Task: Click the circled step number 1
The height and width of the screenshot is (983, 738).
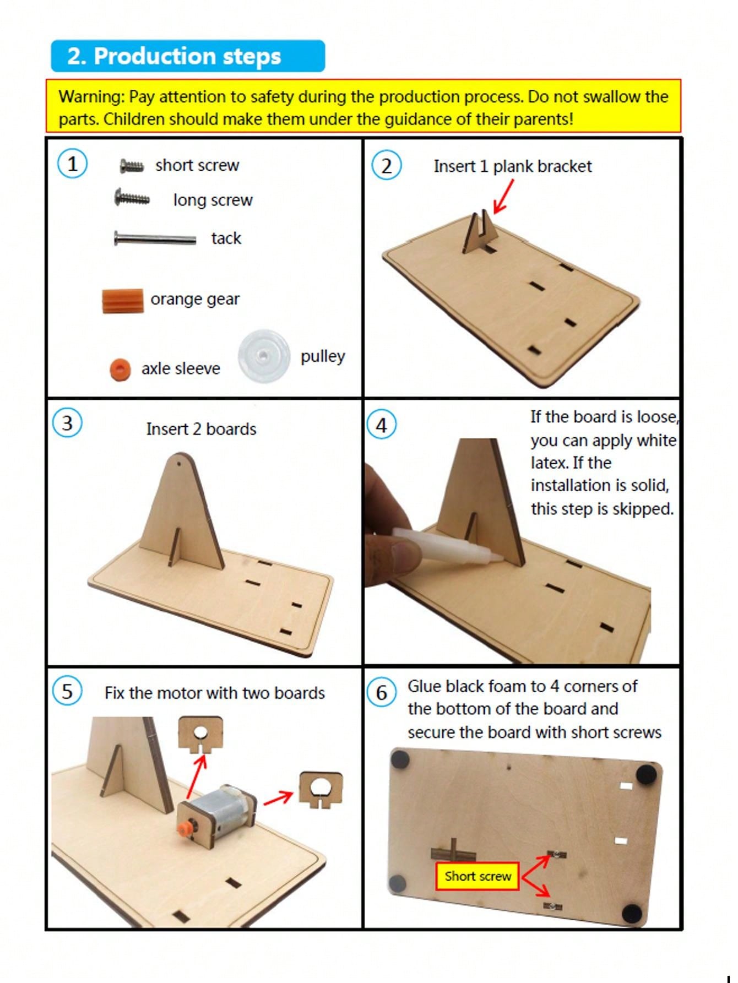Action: coord(72,164)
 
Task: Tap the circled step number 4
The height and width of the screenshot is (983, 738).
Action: coord(382,425)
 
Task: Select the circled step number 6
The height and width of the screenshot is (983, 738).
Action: coord(382,692)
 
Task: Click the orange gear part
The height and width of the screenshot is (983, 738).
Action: coord(123,301)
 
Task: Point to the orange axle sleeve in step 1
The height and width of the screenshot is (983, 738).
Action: coord(120,370)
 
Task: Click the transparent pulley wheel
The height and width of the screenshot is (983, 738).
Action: coord(264,356)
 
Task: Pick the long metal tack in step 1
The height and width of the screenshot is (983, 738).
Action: coord(155,238)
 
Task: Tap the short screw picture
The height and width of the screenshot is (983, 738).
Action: coord(132,165)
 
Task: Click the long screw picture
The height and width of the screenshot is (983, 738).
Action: coord(132,197)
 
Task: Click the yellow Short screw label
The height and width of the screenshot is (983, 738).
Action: coord(477,876)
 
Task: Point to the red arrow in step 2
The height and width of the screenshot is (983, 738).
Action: coord(503,197)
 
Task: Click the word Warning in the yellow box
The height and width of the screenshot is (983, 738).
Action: coord(91,97)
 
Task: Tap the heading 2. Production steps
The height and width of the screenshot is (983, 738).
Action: coord(174,56)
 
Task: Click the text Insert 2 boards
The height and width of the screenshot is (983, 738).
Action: coord(201,429)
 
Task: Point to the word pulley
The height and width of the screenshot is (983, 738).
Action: coord(323,357)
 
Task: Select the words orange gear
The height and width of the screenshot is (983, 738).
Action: coord(195,299)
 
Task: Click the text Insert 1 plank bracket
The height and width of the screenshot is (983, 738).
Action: coord(513,166)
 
